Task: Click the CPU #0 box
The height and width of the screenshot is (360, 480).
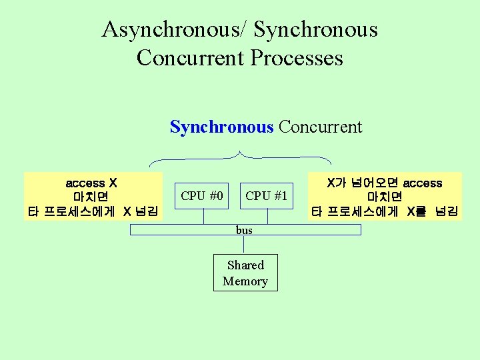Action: (x=202, y=195)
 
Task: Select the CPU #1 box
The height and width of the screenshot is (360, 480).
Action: (x=266, y=195)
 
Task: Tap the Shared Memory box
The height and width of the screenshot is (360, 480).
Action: (x=245, y=273)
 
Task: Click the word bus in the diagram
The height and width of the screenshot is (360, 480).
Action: (x=244, y=230)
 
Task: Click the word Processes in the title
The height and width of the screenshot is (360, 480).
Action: (x=297, y=58)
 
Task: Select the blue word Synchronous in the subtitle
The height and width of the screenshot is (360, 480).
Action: (x=221, y=127)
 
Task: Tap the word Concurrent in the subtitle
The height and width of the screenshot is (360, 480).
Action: (x=321, y=127)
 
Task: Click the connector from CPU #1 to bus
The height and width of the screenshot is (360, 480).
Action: (x=268, y=216)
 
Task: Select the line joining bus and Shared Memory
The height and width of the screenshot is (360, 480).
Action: (x=245, y=245)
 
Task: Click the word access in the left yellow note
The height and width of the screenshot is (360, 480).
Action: (x=85, y=183)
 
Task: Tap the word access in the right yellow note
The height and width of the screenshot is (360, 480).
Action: (x=423, y=183)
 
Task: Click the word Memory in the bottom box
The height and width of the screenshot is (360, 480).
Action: (x=245, y=281)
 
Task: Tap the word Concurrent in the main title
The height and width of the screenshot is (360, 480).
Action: (x=191, y=58)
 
